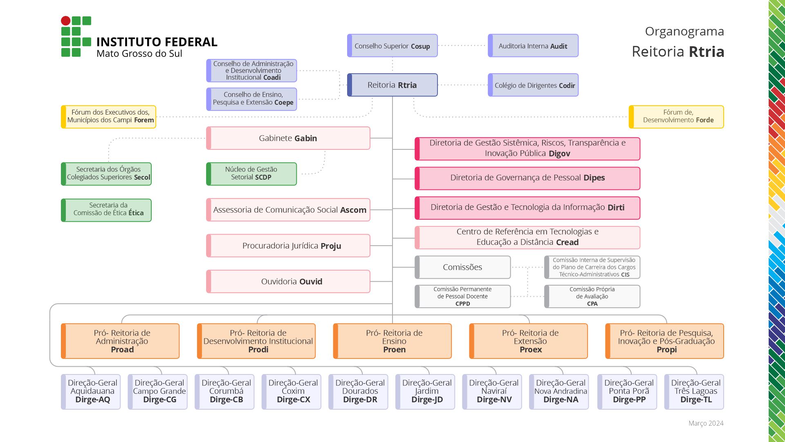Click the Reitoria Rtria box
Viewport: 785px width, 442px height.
click(x=392, y=85)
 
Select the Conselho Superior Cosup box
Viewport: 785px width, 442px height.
click(x=392, y=46)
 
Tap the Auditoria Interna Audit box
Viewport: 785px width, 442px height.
click(x=533, y=46)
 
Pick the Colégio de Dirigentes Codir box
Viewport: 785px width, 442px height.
click(x=533, y=85)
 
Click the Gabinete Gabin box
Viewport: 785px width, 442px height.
click(x=288, y=138)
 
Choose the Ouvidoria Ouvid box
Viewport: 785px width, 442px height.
click(x=288, y=282)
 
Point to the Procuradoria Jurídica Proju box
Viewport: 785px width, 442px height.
click(x=288, y=246)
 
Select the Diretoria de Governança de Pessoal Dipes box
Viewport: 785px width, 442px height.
click(x=527, y=178)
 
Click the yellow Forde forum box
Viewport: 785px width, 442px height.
click(x=676, y=117)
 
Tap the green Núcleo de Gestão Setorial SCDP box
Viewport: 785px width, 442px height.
click(x=251, y=174)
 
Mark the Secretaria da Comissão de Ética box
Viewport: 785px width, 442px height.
click(x=106, y=210)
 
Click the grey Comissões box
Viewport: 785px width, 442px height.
click(x=462, y=267)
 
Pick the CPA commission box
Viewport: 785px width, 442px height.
click(x=592, y=296)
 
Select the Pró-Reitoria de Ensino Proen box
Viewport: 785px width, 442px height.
click(x=392, y=341)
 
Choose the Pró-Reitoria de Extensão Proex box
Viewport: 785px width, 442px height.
click(x=528, y=341)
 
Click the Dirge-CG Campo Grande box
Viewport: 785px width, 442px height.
click(x=157, y=392)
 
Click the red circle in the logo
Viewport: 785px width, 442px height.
click(x=65, y=20)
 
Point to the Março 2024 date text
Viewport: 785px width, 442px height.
click(x=706, y=423)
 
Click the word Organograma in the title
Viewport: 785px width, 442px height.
click(x=684, y=32)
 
